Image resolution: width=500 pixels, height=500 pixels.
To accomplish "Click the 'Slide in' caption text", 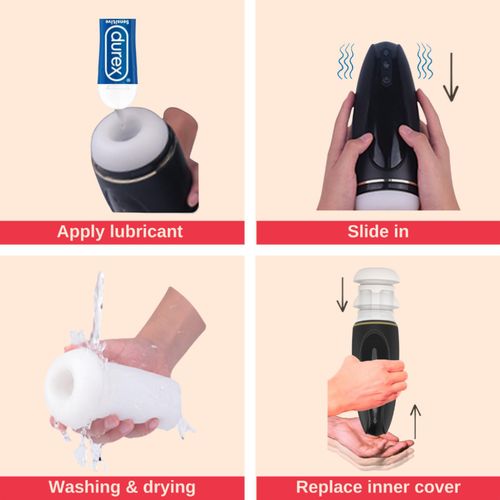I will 377,232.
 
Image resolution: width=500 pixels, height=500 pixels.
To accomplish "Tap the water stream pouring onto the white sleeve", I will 98,310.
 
